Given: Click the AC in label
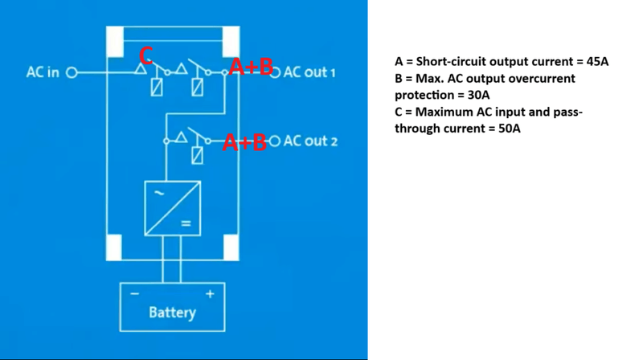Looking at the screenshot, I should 42,72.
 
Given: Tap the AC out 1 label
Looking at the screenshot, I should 309,72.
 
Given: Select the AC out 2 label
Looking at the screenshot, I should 310,141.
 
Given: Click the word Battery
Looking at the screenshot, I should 172,312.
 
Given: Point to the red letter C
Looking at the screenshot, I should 145,55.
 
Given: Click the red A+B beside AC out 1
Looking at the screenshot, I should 250,67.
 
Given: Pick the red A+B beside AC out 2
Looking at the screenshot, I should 244,142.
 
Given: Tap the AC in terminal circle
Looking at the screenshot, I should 71,72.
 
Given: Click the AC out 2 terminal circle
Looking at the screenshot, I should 274,141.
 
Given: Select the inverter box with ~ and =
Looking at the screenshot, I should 172,208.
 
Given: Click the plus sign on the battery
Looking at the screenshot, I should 211,294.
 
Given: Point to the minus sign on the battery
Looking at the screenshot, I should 135,294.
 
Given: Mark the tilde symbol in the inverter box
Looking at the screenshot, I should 158,194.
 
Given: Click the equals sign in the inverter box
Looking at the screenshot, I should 186,223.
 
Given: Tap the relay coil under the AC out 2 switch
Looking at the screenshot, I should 197,156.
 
